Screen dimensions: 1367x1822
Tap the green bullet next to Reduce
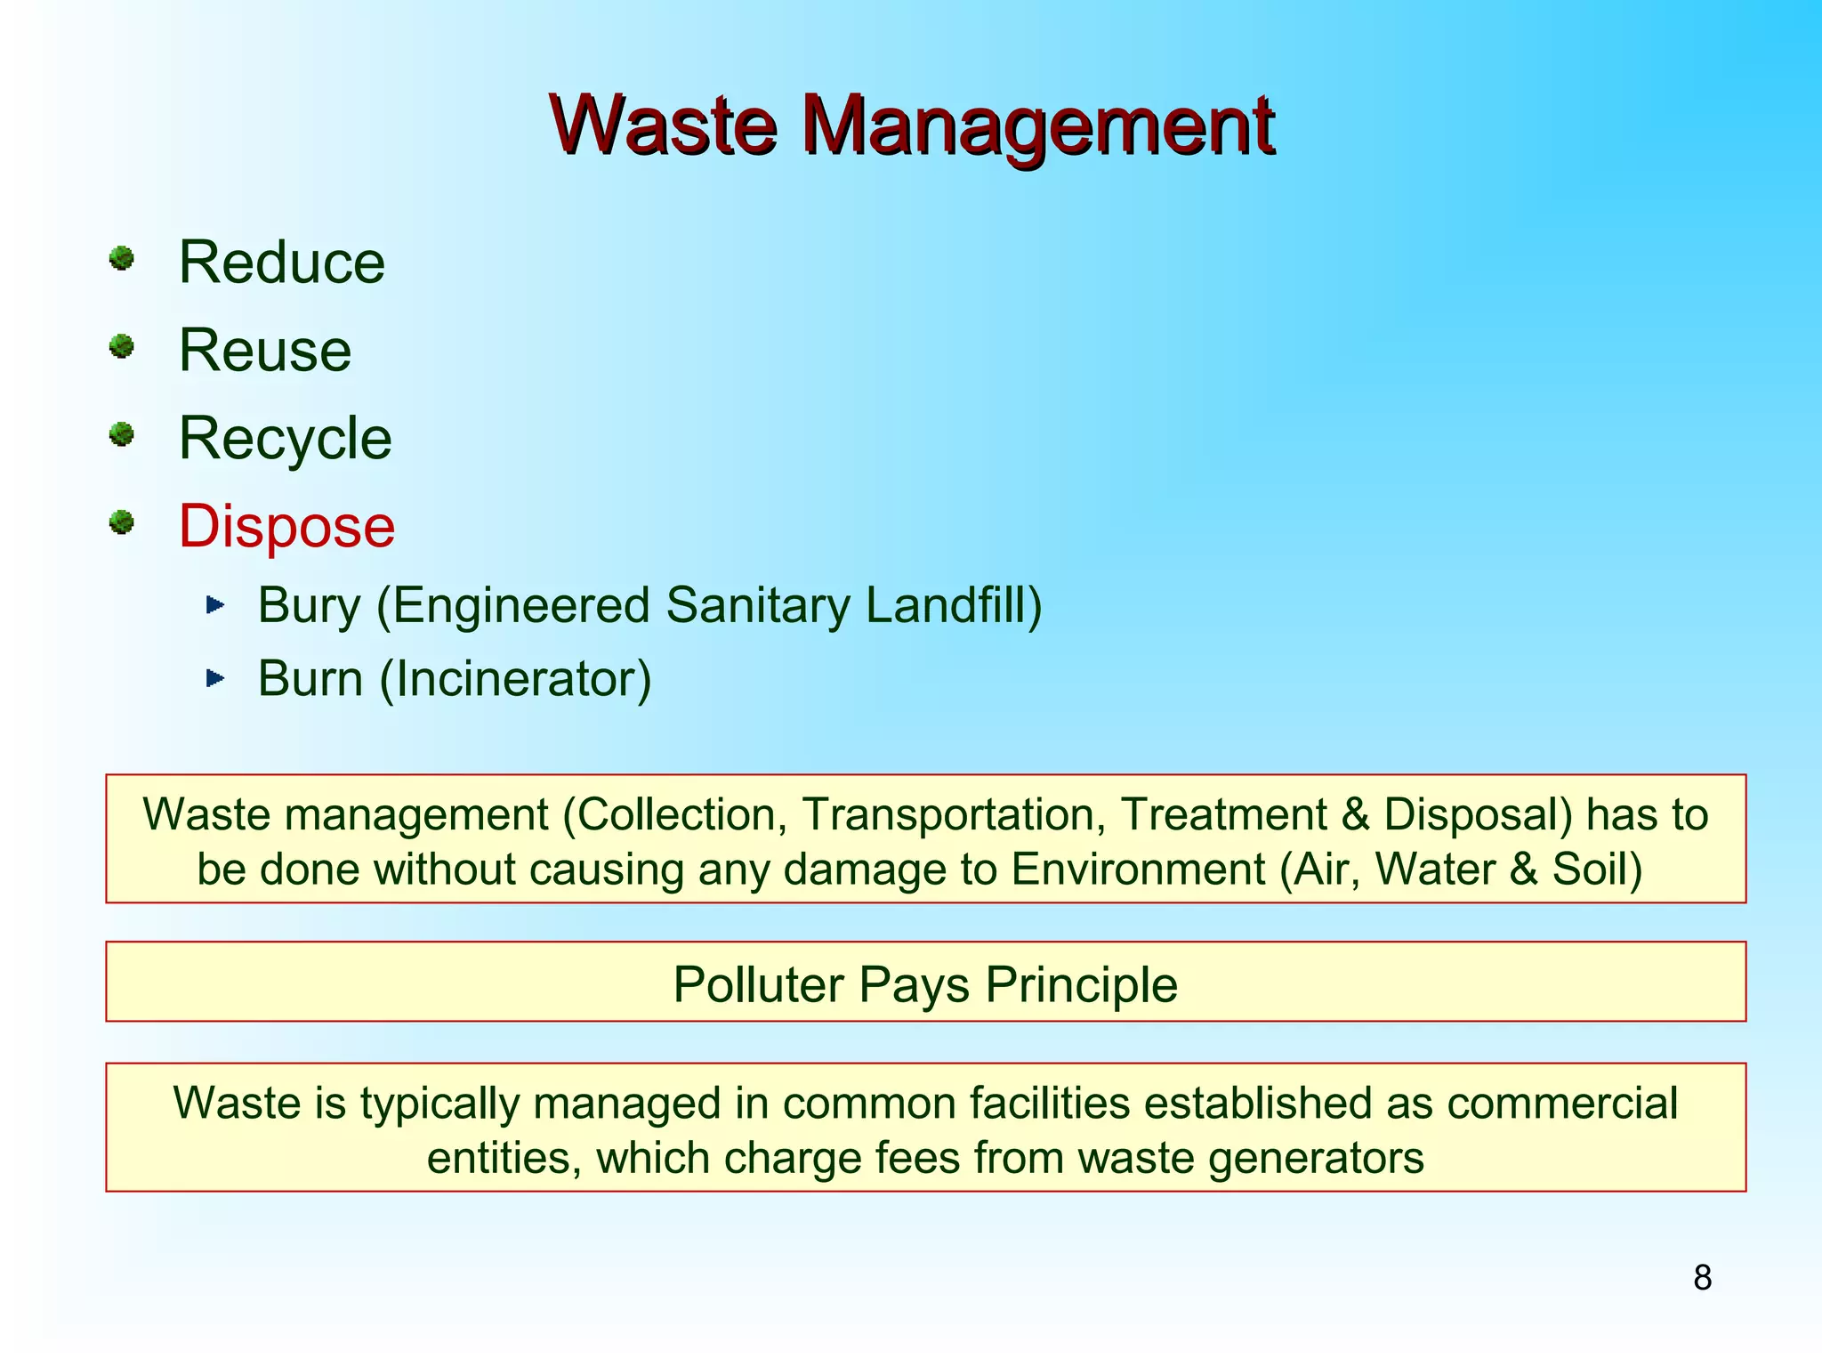click(x=122, y=259)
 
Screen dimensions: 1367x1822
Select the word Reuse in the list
click(x=265, y=350)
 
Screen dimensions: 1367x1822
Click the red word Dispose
click(x=286, y=526)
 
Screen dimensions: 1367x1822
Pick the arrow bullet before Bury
click(x=215, y=606)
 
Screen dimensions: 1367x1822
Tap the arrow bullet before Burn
click(x=215, y=679)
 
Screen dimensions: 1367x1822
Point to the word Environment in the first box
click(x=1138, y=869)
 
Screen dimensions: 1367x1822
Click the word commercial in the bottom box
click(x=1562, y=1104)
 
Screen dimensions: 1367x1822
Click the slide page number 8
click(x=1702, y=1278)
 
